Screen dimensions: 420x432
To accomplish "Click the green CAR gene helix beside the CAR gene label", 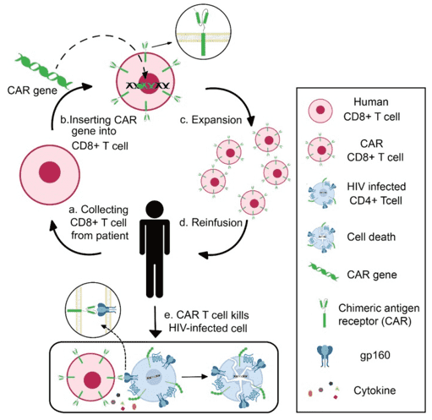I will coord(39,63).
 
